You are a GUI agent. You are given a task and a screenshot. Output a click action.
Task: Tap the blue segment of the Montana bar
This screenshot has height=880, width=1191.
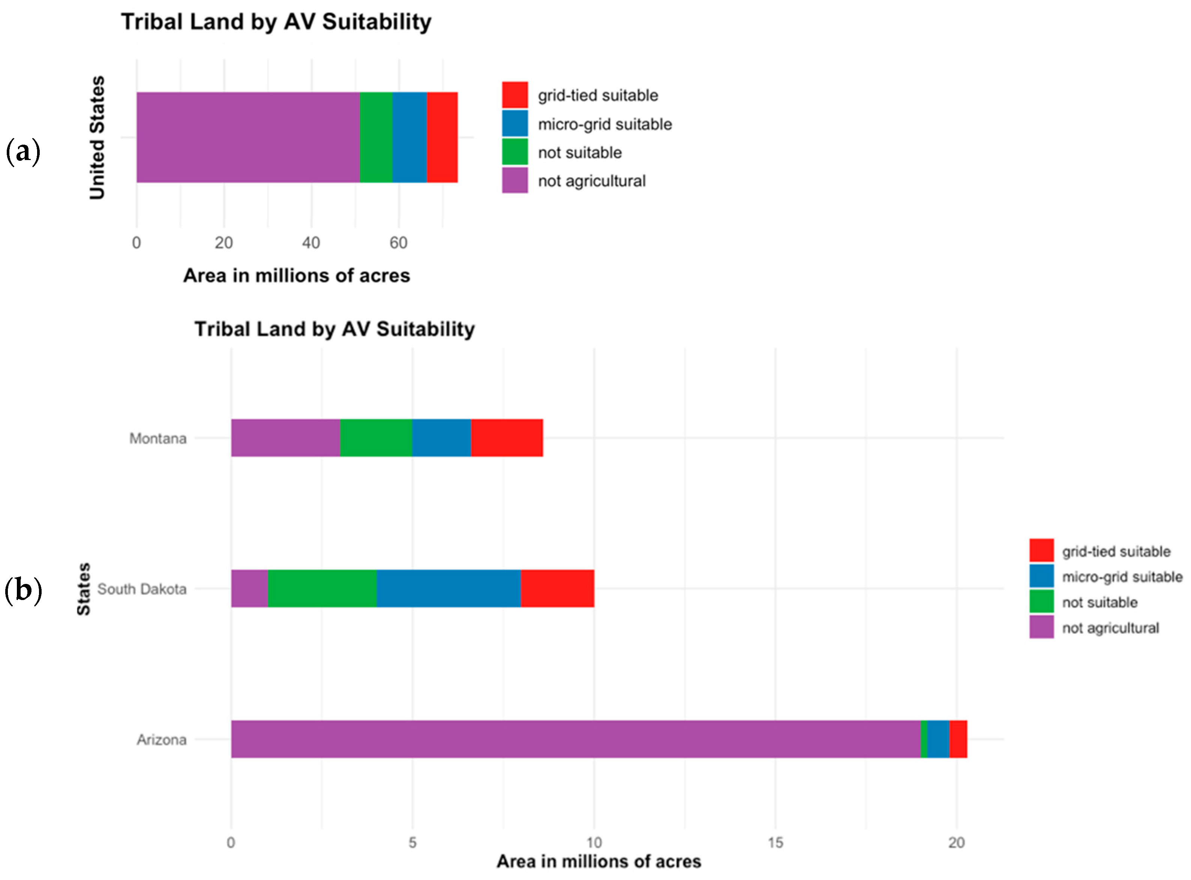pos(441,438)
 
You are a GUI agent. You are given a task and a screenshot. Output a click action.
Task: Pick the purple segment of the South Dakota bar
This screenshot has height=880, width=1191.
pos(249,589)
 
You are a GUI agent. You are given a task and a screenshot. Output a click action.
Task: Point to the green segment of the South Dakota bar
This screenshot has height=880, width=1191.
pos(322,589)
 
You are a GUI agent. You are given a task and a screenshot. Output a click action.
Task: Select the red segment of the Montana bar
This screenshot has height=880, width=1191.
pos(507,438)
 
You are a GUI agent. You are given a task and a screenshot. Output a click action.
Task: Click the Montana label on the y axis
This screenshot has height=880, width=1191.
pos(158,439)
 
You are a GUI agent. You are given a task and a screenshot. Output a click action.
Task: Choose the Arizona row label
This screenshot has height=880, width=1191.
pos(162,740)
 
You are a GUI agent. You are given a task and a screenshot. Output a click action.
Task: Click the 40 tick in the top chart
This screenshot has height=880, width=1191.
pos(311,243)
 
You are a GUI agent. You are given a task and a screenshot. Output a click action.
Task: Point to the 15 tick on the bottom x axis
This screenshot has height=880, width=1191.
pos(775,842)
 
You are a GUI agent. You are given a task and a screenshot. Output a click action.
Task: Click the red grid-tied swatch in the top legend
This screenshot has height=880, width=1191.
pos(515,95)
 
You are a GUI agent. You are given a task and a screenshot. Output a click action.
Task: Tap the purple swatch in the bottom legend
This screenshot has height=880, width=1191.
pos(1041,627)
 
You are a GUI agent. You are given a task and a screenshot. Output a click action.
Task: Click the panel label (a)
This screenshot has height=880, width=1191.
pos(23,152)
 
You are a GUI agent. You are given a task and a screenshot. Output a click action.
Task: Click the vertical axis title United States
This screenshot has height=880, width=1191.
pos(97,138)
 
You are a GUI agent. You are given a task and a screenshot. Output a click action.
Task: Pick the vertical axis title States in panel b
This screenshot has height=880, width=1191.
pos(84,589)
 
